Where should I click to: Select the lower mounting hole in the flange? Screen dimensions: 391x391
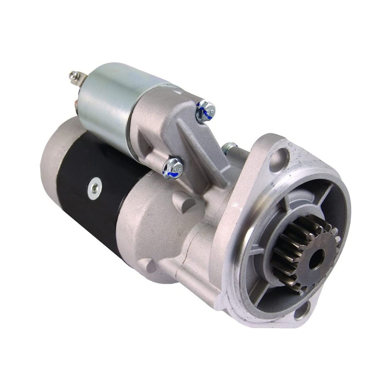[301, 312]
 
